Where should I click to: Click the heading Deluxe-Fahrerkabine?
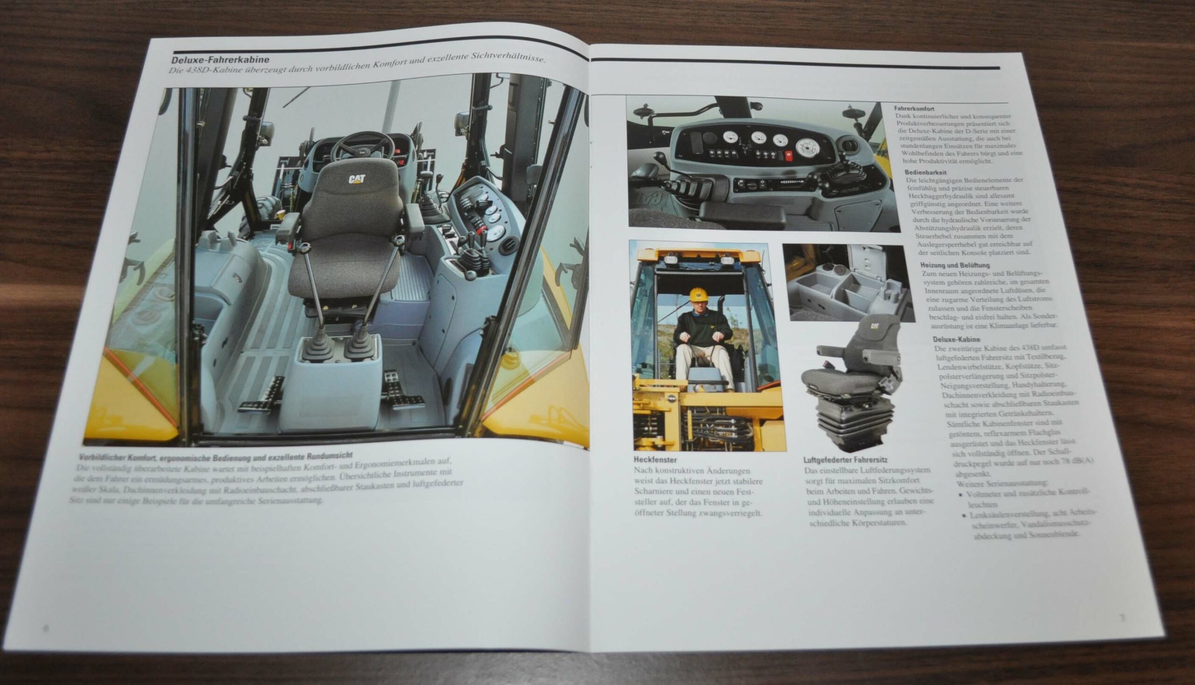(220, 60)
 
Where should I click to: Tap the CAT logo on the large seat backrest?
(357, 179)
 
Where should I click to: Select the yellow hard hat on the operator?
(698, 295)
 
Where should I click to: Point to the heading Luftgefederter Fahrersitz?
(845, 459)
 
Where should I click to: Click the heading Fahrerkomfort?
(914, 109)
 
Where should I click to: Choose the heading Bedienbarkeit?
(926, 173)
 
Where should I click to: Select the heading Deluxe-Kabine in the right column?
(956, 339)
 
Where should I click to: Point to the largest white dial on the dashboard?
(807, 147)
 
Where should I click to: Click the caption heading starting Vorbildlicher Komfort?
(215, 457)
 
